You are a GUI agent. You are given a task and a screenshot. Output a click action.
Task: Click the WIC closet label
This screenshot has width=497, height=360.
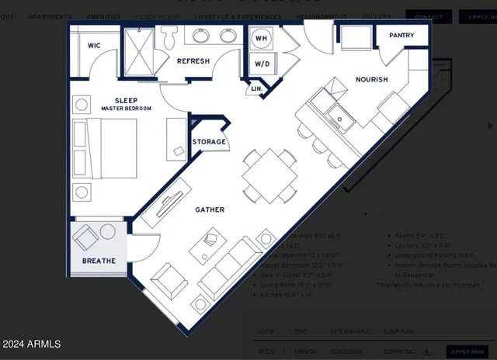pos(94,46)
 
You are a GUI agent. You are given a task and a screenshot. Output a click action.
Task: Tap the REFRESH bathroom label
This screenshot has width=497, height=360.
pos(193,61)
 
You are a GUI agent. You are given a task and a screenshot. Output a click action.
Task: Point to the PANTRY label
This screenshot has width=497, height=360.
pos(401,36)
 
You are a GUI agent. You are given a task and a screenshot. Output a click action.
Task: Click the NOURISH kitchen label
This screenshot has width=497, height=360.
pos(371,80)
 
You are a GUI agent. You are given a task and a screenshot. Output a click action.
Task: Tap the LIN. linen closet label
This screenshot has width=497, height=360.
pos(257,90)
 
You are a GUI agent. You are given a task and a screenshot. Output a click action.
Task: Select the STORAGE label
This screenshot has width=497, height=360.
pos(209,142)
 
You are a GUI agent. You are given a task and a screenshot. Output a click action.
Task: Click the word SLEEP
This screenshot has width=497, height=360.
pos(126,101)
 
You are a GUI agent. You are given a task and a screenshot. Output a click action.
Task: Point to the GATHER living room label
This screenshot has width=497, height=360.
pos(210,209)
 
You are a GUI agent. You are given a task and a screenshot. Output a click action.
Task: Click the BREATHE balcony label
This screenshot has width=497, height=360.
pos(99,261)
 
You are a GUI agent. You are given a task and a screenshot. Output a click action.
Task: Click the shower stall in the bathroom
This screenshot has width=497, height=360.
pos(141,50)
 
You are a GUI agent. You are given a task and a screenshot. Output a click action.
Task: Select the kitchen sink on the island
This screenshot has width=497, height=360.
pos(340,119)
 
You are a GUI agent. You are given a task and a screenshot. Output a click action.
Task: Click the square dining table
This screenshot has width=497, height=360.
pos(268,175)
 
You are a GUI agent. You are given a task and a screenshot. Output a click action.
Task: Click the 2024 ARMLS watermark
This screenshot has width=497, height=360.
pos(31,344)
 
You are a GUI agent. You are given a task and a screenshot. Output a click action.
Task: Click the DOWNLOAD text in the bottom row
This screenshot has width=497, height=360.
pos(406,351)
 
